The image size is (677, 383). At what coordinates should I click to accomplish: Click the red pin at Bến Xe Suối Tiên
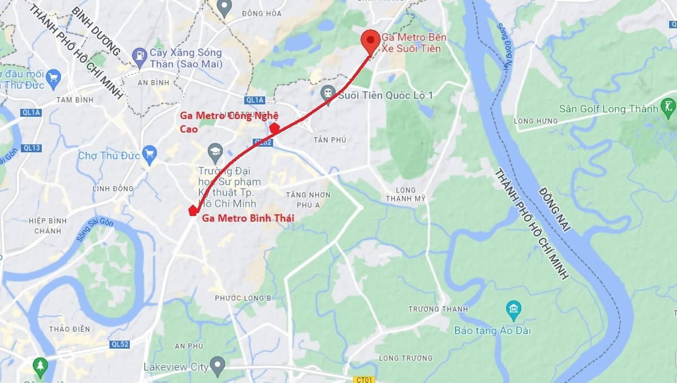tap(370, 41)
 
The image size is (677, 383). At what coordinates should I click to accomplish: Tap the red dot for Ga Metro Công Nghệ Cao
tap(275, 128)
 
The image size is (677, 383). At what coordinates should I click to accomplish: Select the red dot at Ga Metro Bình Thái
tap(192, 211)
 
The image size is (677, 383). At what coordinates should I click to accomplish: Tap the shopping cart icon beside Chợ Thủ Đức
tap(150, 155)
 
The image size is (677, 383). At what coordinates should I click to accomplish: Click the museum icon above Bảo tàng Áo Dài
tap(513, 309)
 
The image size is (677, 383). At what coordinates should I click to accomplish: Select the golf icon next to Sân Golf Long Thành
tap(669, 106)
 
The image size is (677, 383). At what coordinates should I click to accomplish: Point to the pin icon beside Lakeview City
tap(217, 365)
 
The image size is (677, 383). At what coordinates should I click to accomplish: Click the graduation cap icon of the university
tap(215, 151)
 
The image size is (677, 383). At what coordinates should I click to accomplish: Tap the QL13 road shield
tap(32, 148)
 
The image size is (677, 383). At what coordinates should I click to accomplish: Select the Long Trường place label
tap(406, 358)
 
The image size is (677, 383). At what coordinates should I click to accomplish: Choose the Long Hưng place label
tap(535, 121)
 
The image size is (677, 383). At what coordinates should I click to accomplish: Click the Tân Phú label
tap(331, 139)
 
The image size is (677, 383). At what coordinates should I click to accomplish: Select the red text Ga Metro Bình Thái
tap(248, 218)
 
